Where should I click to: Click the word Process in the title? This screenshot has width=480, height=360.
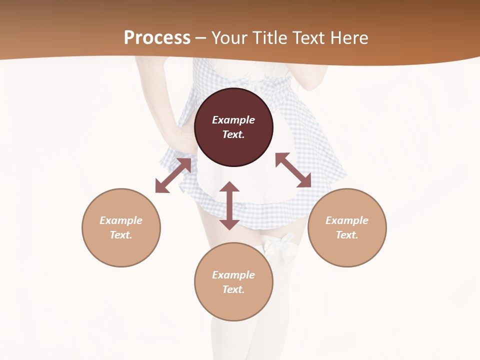[x=157, y=38]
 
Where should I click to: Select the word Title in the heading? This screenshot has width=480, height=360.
[x=269, y=38]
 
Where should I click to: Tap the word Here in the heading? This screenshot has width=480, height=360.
[x=348, y=38]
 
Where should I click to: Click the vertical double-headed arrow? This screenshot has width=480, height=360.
[x=229, y=205]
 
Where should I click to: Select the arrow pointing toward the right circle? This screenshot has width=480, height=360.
[x=293, y=170]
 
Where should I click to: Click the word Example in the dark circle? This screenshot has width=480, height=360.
[x=233, y=120]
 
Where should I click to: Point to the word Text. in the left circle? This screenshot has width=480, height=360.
[x=121, y=235]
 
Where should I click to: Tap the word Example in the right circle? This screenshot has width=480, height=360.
[x=347, y=220]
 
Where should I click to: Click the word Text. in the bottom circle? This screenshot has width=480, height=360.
[x=233, y=289]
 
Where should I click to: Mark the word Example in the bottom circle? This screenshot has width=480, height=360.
[x=233, y=275]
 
